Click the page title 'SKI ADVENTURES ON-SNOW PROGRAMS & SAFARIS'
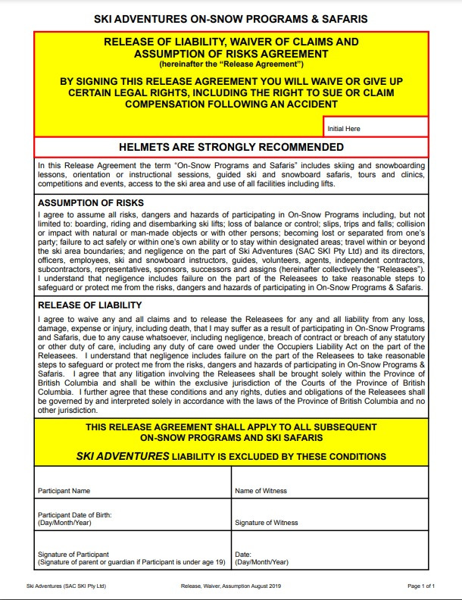(x=231, y=17)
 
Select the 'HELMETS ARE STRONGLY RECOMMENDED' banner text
(x=231, y=147)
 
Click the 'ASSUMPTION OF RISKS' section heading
(x=91, y=203)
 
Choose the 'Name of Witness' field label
(x=261, y=491)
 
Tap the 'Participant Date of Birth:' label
(x=75, y=515)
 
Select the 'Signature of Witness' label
(x=267, y=523)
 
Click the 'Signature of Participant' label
(x=73, y=554)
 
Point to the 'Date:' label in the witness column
(x=243, y=554)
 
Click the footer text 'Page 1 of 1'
(x=421, y=586)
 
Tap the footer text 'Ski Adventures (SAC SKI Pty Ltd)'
(x=66, y=586)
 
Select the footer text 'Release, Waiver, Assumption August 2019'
(x=231, y=586)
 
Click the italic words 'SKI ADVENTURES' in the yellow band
(x=123, y=456)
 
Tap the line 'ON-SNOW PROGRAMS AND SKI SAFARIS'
(x=231, y=438)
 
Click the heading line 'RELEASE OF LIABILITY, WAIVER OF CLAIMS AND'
(x=231, y=42)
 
